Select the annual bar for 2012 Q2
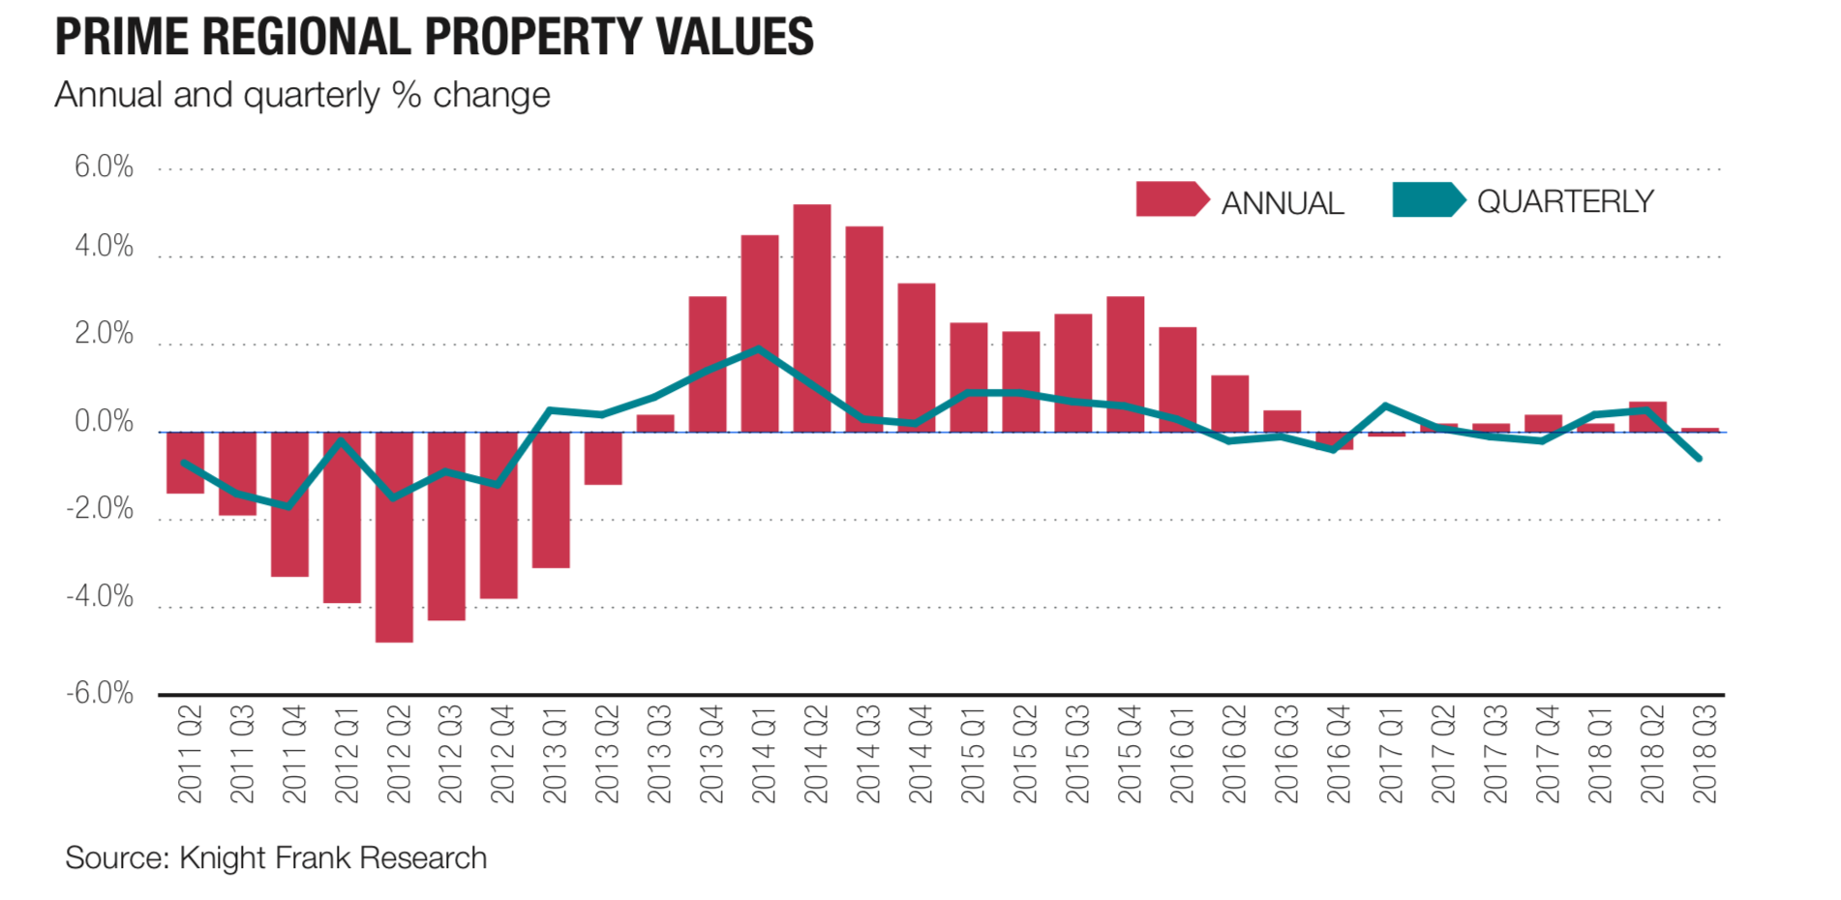pos(394,537)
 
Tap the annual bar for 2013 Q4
pos(708,364)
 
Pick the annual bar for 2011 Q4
pos(289,504)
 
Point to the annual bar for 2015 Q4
pos(1126,364)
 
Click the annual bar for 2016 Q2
pos(1230,404)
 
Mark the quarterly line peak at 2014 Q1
pos(760,348)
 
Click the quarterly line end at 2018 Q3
pos(1700,459)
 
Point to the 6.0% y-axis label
pos(104,167)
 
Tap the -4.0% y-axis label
pos(100,596)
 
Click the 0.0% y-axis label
pos(104,422)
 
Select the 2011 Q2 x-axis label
pos(190,754)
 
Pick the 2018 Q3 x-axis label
pos(1705,754)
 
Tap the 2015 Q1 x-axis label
pos(973,754)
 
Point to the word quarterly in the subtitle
pos(311,95)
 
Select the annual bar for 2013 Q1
pos(551,499)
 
